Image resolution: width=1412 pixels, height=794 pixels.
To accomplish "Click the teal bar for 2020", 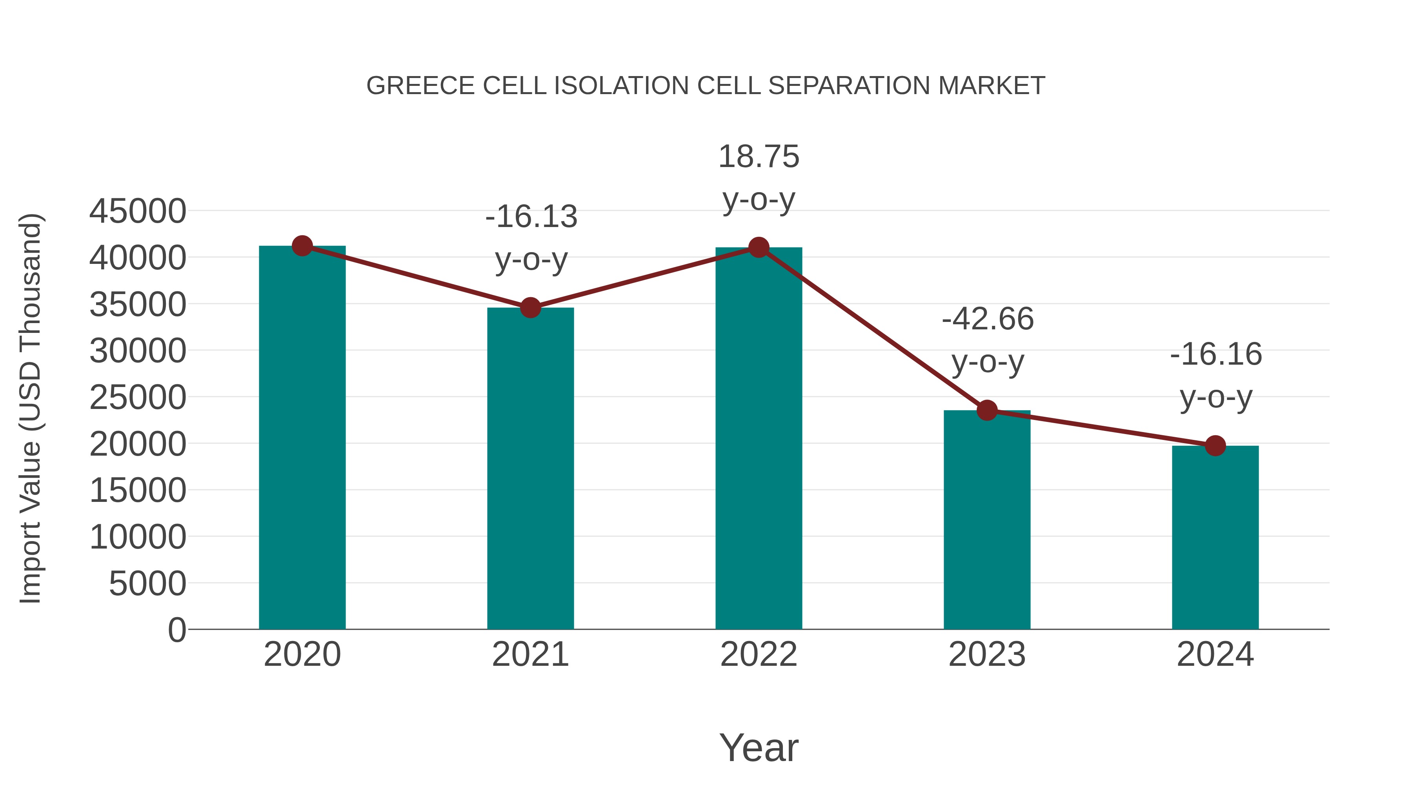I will click(302, 438).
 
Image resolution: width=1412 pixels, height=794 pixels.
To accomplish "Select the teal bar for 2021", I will click(530, 469).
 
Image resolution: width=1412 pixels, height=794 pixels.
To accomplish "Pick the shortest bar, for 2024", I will click(1215, 537).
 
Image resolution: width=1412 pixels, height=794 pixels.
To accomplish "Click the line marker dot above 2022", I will click(759, 248).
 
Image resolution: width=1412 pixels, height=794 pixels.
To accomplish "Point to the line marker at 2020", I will click(302, 246).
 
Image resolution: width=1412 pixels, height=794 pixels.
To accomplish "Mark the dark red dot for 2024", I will click(1215, 446).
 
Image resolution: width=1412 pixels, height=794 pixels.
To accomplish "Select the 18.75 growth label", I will click(759, 157).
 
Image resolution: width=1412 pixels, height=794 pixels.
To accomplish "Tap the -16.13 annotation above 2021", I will click(531, 216).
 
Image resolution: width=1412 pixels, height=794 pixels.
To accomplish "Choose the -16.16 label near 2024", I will click(1216, 354).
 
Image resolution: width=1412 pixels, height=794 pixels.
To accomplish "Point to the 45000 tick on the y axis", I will click(138, 211).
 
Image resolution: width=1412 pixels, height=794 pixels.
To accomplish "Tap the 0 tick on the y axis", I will click(177, 630).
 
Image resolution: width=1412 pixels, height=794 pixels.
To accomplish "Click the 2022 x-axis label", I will click(759, 654).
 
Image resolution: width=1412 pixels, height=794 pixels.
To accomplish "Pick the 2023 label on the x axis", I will click(987, 654).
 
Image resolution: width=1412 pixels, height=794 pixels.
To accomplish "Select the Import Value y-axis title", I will click(31, 408).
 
